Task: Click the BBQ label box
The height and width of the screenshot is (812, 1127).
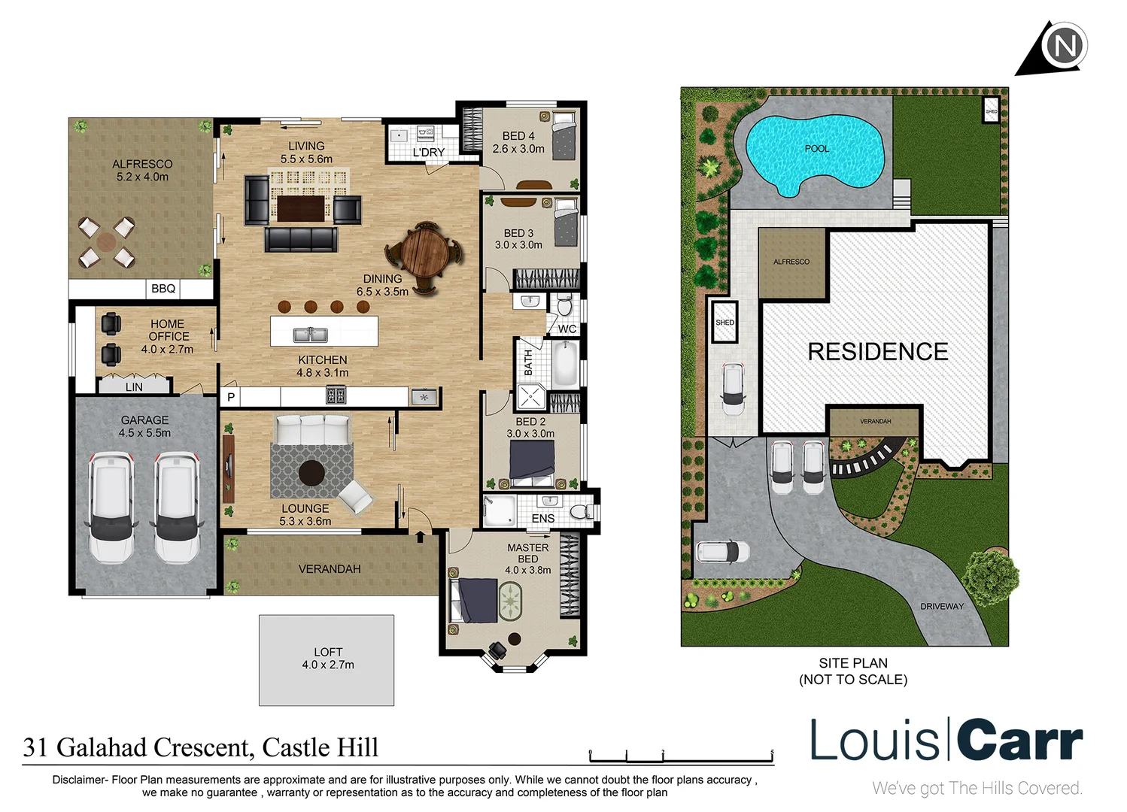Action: point(163,289)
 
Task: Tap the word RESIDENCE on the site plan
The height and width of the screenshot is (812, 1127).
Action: point(877,352)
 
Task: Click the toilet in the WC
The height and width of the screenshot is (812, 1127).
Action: point(564,307)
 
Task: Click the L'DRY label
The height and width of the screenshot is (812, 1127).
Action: point(428,153)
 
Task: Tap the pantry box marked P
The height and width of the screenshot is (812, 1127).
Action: point(231,397)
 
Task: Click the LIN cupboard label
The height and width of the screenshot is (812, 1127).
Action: point(134,387)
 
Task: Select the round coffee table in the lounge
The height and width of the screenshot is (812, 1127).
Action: point(311,473)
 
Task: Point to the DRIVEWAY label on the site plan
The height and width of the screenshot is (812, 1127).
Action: point(941,606)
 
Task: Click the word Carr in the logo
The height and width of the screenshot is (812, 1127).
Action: point(1019,741)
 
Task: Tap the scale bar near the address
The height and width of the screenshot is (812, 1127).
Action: point(681,755)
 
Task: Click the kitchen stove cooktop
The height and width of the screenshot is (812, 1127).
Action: point(336,395)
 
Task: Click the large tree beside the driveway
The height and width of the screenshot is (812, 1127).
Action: point(990,575)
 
